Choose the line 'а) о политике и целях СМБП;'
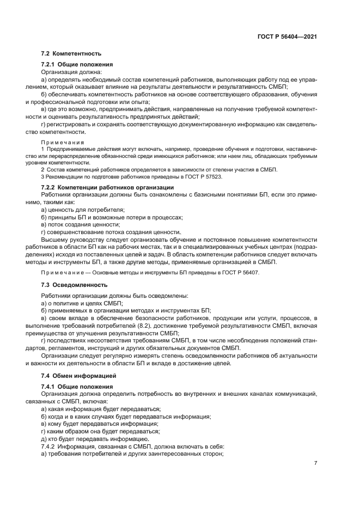(x=82, y=303)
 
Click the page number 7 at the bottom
(x=315, y=464)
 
